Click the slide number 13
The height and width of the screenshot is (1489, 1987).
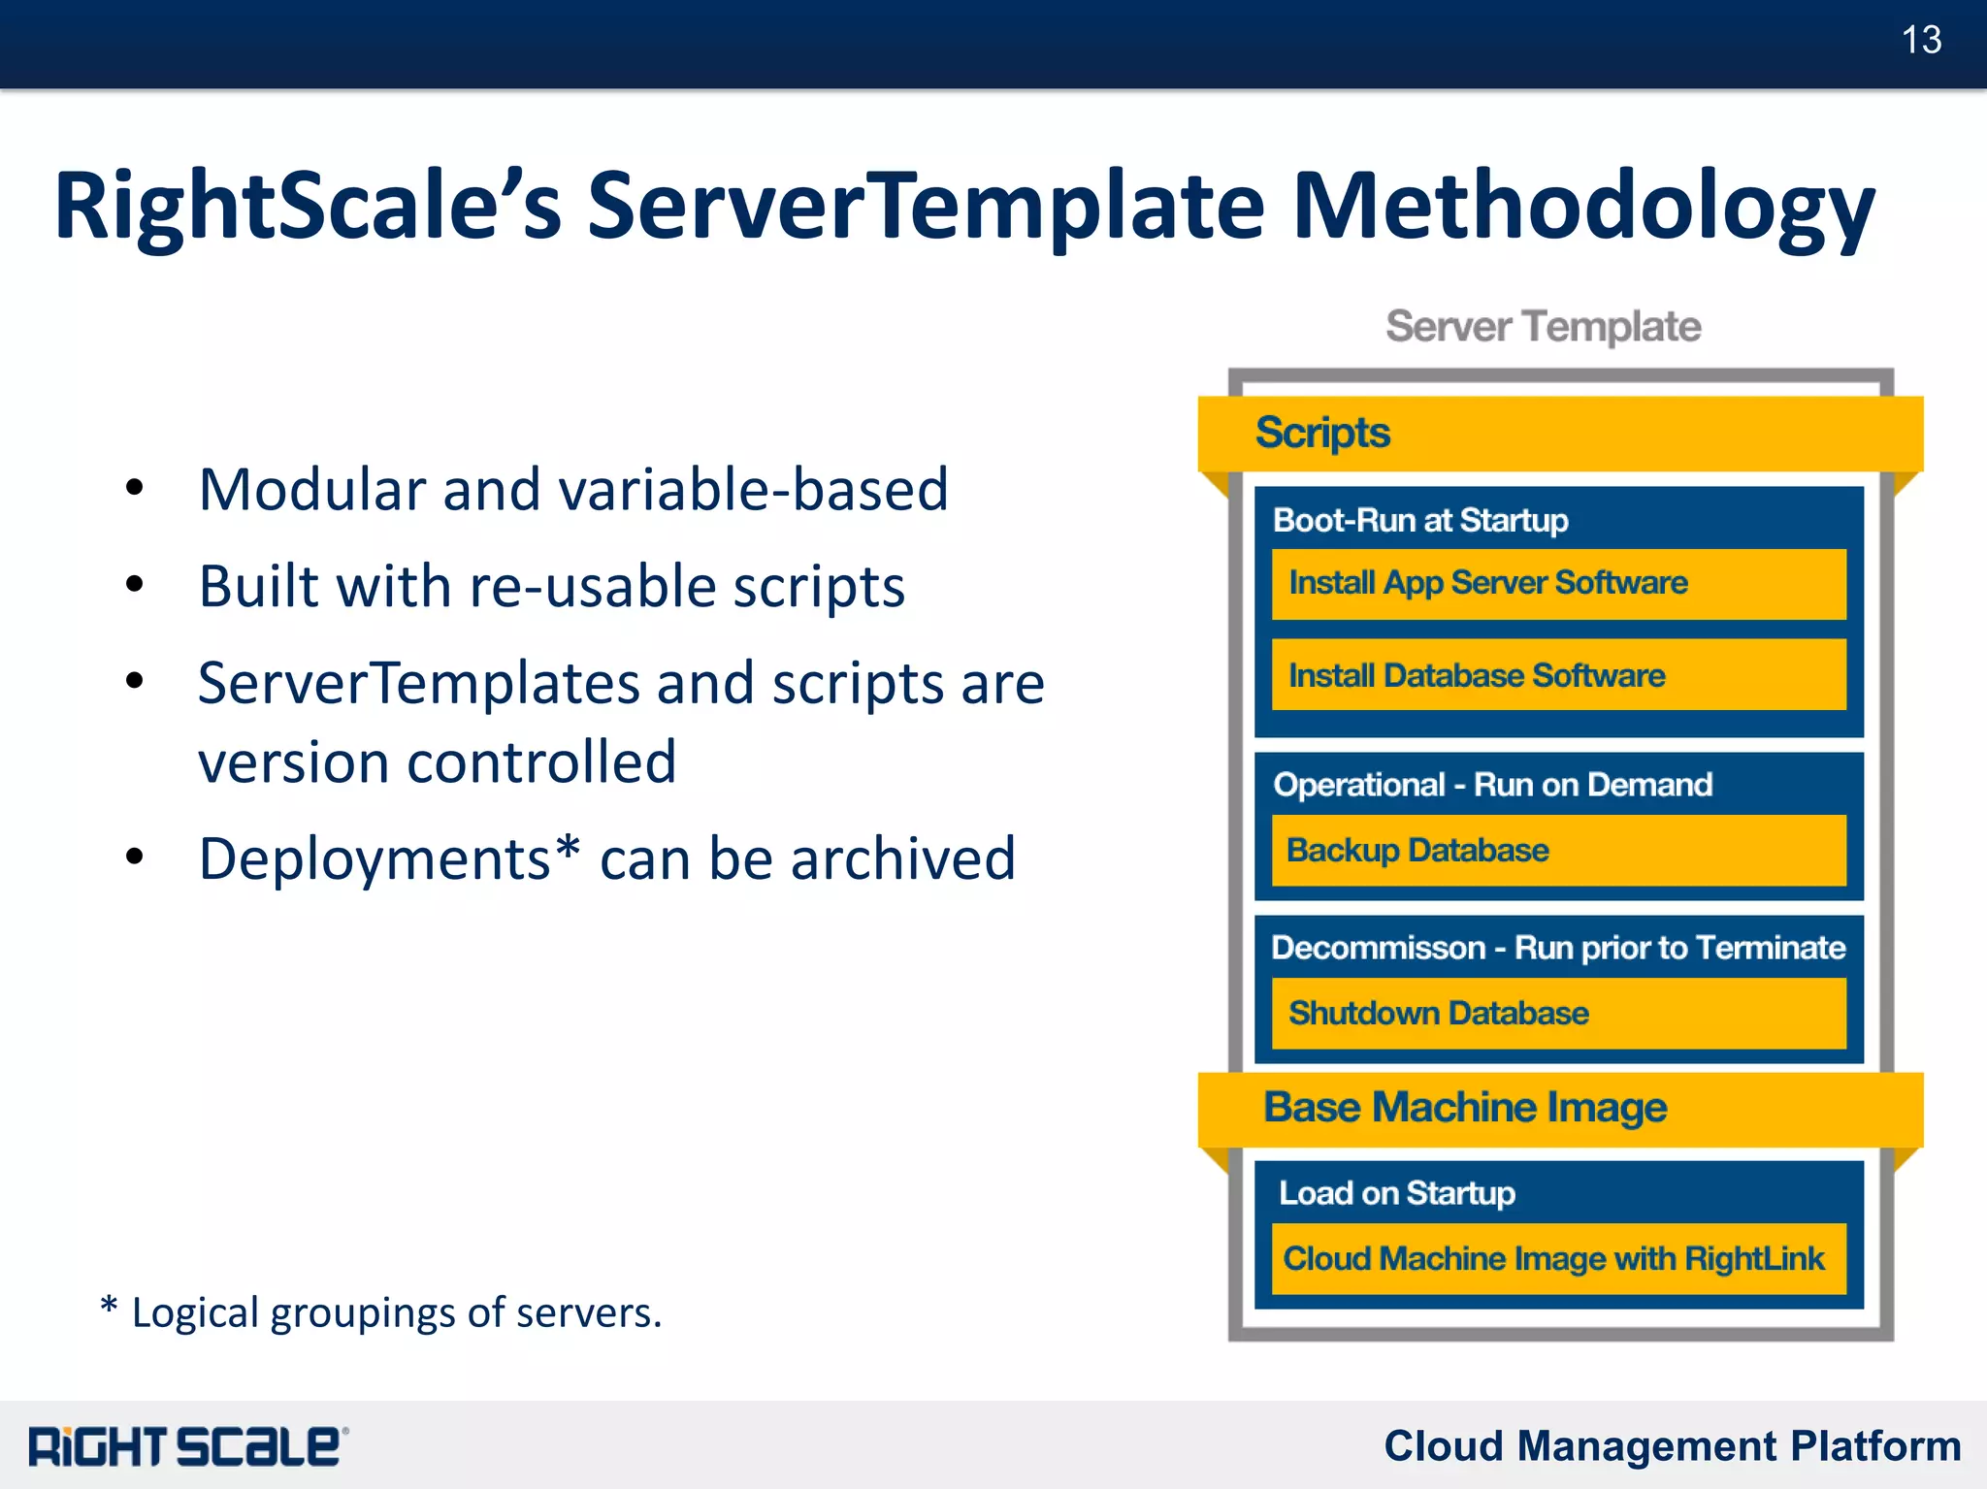1920,41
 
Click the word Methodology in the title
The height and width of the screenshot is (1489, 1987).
1582,207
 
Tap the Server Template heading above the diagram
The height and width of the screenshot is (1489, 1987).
1543,327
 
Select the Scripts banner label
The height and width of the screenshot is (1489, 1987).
1322,433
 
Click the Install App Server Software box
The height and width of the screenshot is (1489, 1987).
1558,584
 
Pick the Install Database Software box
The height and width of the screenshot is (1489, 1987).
1558,675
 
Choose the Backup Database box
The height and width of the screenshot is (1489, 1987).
1558,851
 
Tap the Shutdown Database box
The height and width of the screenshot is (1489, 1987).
1558,1014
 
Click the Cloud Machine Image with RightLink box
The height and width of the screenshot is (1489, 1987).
1558,1259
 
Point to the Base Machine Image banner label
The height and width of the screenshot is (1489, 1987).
1465,1108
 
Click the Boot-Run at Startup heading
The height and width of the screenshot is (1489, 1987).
1420,521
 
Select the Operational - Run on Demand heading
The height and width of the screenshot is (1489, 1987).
1492,785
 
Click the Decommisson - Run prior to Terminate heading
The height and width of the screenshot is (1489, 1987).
1558,948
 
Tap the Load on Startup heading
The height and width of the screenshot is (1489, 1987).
1397,1193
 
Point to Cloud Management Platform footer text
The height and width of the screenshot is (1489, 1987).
1672,1446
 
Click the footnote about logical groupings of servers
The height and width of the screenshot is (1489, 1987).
381,1312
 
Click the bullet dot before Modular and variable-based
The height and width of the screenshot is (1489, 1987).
135,488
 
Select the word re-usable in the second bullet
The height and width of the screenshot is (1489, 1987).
593,587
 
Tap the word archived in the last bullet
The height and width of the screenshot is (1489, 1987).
903,859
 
